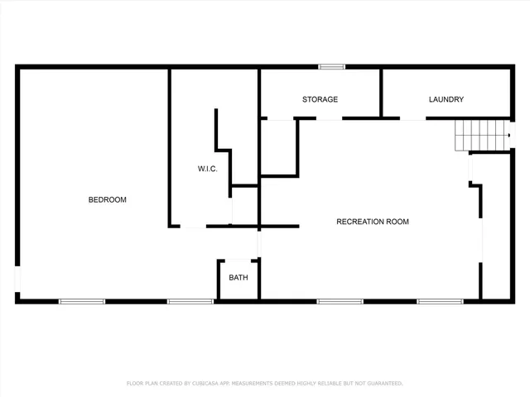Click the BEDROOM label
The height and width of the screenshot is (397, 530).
pyautogui.click(x=108, y=199)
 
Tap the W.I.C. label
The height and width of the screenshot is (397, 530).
pyautogui.click(x=207, y=169)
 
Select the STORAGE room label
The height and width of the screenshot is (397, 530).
pyautogui.click(x=320, y=99)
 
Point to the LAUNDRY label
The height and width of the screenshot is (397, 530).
pyautogui.click(x=446, y=99)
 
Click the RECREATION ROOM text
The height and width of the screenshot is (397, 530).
pyautogui.click(x=372, y=222)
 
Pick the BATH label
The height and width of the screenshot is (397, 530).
pyautogui.click(x=238, y=277)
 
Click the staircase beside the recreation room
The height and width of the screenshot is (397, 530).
pyautogui.click(x=478, y=135)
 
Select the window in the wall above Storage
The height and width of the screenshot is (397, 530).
pyautogui.click(x=333, y=67)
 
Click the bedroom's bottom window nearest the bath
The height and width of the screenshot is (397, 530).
pyautogui.click(x=190, y=301)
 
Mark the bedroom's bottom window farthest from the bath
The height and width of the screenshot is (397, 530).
pyautogui.click(x=81, y=301)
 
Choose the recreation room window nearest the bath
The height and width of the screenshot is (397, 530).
pyautogui.click(x=340, y=301)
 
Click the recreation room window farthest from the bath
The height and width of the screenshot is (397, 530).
pyautogui.click(x=440, y=301)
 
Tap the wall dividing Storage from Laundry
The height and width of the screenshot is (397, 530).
pyautogui.click(x=381, y=93)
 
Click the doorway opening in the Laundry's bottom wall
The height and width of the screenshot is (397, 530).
pyautogui.click(x=413, y=119)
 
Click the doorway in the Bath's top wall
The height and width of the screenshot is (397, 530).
pyautogui.click(x=238, y=261)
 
